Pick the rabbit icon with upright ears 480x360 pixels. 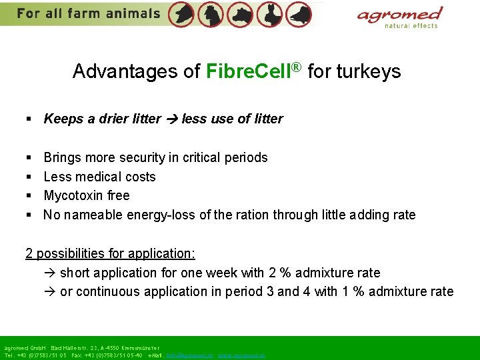pyautogui.click(x=270, y=13)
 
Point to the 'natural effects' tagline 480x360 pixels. pyautogui.click(x=411, y=26)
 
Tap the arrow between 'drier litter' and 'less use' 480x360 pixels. pyautogui.click(x=171, y=119)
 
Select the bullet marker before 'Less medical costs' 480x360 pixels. pyautogui.click(x=29, y=177)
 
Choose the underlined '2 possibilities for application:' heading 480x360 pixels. pyautogui.click(x=110, y=253)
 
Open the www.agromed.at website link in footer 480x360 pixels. pyautogui.click(x=241, y=355)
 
